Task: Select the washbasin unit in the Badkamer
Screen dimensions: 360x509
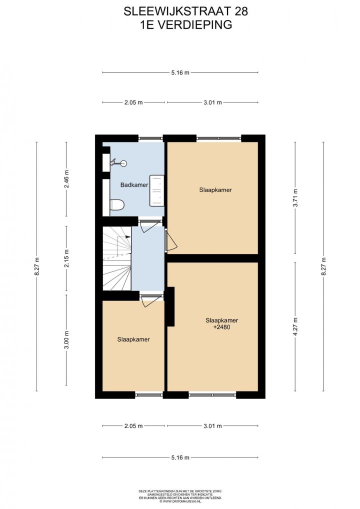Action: coord(156,190)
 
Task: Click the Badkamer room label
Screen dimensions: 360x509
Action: coord(134,185)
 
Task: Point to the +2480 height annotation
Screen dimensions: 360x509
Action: coord(221,327)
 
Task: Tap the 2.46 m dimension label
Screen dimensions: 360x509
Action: coord(66,179)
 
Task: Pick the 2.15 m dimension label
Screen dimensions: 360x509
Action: coord(66,258)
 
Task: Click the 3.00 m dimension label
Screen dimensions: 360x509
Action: coord(66,340)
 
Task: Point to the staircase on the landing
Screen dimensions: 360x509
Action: coord(117,258)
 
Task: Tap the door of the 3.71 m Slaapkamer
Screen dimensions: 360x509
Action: coord(170,240)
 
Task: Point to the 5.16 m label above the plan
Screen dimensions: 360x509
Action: coord(180,72)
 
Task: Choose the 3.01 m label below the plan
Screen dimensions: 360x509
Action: coord(212,426)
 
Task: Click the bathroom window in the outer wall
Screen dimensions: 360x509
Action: coord(150,138)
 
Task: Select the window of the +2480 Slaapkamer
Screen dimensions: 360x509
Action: coord(212,395)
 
